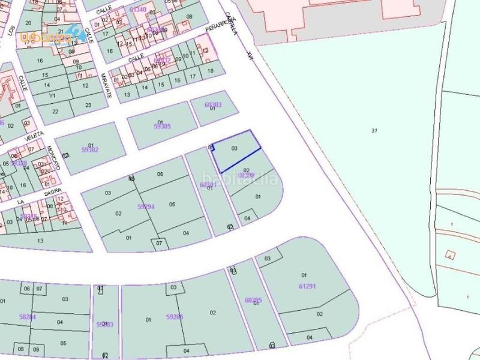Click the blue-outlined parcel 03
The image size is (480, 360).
click(x=236, y=151)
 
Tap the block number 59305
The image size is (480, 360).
click(x=162, y=126)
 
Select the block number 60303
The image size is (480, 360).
click(x=213, y=105)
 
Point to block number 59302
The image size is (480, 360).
click(x=89, y=150)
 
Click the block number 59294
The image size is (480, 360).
click(x=146, y=206)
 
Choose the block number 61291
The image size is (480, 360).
click(x=307, y=286)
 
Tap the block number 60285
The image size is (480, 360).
click(x=254, y=299)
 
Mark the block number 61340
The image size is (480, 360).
click(x=138, y=10)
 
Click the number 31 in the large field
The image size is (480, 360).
click(x=374, y=130)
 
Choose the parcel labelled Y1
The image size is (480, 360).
click(x=52, y=95)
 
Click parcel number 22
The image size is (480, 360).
click(x=55, y=111)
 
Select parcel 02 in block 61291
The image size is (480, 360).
click(x=320, y=314)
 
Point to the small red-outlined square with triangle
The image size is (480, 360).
click(x=450, y=255)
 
